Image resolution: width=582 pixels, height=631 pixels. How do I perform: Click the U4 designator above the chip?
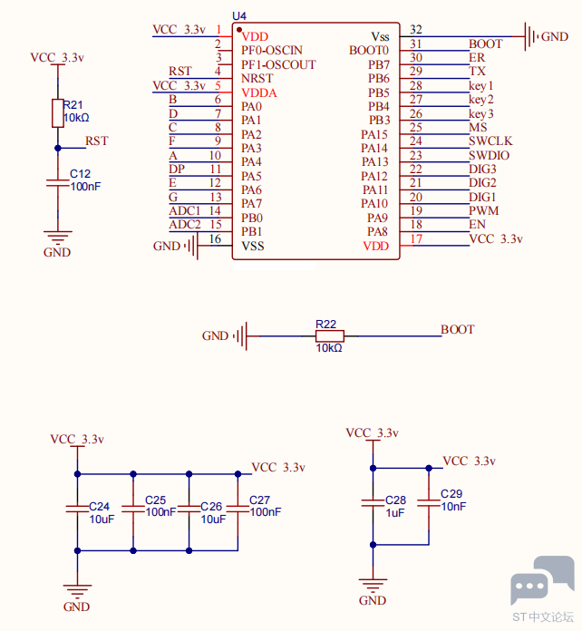[x=239, y=15]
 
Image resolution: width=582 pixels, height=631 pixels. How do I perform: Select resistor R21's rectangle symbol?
[x=58, y=113]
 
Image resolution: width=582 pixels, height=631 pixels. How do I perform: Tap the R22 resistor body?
[x=330, y=335]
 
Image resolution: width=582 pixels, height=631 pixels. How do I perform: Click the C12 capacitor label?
[x=80, y=173]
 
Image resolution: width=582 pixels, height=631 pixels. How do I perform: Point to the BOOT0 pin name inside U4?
[x=369, y=50]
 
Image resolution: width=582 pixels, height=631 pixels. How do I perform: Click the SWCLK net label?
[x=490, y=141]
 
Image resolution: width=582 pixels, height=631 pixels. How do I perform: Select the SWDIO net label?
[x=489, y=155]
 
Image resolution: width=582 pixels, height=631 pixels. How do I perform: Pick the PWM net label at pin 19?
[x=483, y=210]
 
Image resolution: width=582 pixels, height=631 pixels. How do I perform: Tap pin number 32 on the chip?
[x=416, y=29]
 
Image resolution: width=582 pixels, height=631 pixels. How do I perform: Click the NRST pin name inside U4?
[x=257, y=78]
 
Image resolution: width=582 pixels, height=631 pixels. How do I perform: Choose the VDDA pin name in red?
[x=258, y=93]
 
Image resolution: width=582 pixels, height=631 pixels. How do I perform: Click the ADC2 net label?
[x=184, y=224]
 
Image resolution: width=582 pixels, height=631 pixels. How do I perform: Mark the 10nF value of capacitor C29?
[x=453, y=506]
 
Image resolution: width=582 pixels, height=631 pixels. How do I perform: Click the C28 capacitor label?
[x=395, y=500]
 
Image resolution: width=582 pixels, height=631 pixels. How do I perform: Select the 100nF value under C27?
[x=266, y=512]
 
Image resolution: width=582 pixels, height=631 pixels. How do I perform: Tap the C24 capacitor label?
[x=99, y=506]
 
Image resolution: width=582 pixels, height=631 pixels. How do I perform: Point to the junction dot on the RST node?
[x=58, y=148]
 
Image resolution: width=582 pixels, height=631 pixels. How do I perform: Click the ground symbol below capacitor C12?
[x=58, y=238]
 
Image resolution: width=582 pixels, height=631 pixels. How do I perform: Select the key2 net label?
[x=481, y=100]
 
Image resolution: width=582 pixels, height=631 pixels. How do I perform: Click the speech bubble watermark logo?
[x=542, y=579]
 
